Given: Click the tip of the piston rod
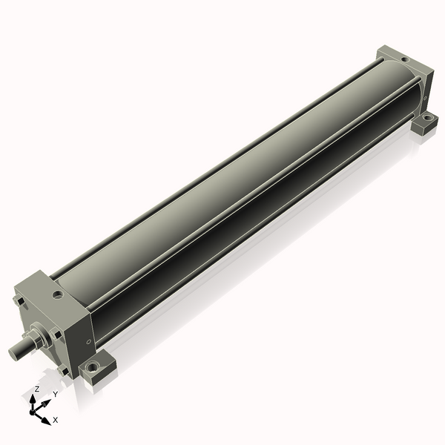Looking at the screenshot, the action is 13,353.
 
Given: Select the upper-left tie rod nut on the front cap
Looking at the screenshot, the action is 19,300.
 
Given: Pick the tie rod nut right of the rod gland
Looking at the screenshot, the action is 56,334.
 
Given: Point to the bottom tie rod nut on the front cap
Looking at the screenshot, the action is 63,372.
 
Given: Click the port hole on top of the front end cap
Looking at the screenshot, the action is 59,294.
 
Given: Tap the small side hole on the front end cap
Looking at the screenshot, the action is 88,341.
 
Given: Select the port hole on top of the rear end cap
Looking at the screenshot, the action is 405,60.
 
